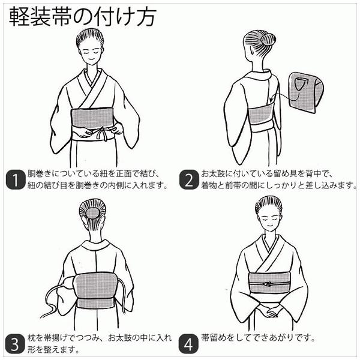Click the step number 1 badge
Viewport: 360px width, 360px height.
(15, 180)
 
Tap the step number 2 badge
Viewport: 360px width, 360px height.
(189, 180)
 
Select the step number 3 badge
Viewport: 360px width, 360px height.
(14, 344)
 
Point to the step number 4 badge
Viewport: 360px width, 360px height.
(188, 344)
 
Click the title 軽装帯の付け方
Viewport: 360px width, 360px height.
(83, 17)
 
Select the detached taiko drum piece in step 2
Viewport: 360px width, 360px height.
(305, 92)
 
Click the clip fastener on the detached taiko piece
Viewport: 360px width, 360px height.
(298, 83)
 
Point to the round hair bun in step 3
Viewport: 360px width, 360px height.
(92, 212)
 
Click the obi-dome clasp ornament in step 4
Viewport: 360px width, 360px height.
(267, 284)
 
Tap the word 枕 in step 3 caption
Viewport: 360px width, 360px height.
(31, 338)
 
